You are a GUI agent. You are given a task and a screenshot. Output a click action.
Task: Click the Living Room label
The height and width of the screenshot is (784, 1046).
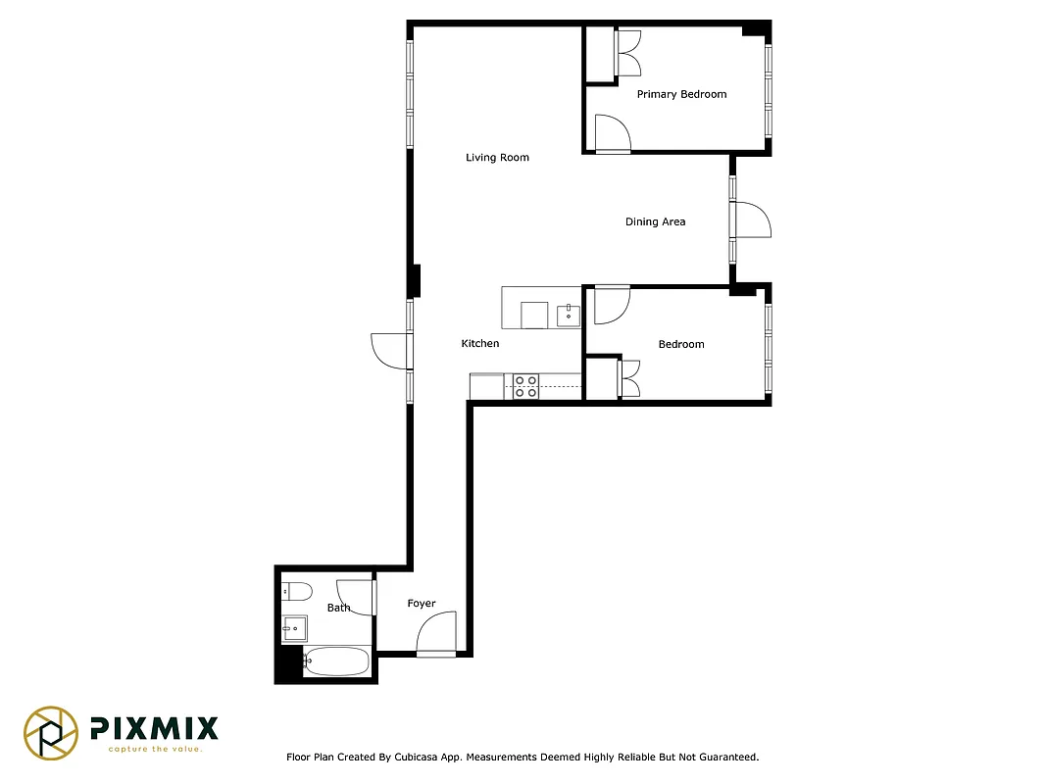pos(497,158)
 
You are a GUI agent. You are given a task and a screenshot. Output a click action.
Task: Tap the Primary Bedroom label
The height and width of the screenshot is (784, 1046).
pos(681,94)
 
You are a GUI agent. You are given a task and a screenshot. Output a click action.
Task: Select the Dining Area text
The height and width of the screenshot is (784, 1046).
pos(655,222)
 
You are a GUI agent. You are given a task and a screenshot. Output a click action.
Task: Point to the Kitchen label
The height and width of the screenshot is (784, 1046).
pos(480,344)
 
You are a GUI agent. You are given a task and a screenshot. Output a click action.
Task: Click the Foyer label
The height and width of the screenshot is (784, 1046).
pos(422,604)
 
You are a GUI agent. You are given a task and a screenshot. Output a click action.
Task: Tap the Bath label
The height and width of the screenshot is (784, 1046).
pos(338,609)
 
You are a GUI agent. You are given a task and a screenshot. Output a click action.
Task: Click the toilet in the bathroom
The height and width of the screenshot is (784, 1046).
pos(296,591)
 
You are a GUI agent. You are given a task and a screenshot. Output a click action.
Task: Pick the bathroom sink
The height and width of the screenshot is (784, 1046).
pos(295,628)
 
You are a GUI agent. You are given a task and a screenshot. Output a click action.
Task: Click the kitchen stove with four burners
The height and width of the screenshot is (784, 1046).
pos(525,386)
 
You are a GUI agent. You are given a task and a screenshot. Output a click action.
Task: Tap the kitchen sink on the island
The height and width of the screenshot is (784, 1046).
pos(569,315)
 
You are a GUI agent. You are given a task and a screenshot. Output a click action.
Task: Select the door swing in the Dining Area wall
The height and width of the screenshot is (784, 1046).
pos(752,220)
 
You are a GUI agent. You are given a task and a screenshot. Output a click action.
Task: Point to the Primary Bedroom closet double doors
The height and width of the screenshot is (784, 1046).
pos(628,53)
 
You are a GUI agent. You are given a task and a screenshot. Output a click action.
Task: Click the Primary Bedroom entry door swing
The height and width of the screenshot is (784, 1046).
pos(612,133)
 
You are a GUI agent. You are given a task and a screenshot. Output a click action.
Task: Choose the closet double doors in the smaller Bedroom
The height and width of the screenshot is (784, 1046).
pos(628,378)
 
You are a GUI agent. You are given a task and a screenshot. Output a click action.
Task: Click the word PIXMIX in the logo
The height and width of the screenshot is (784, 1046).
pos(154,728)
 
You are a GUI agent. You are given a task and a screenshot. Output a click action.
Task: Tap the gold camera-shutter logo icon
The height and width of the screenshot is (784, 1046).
pos(51,733)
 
